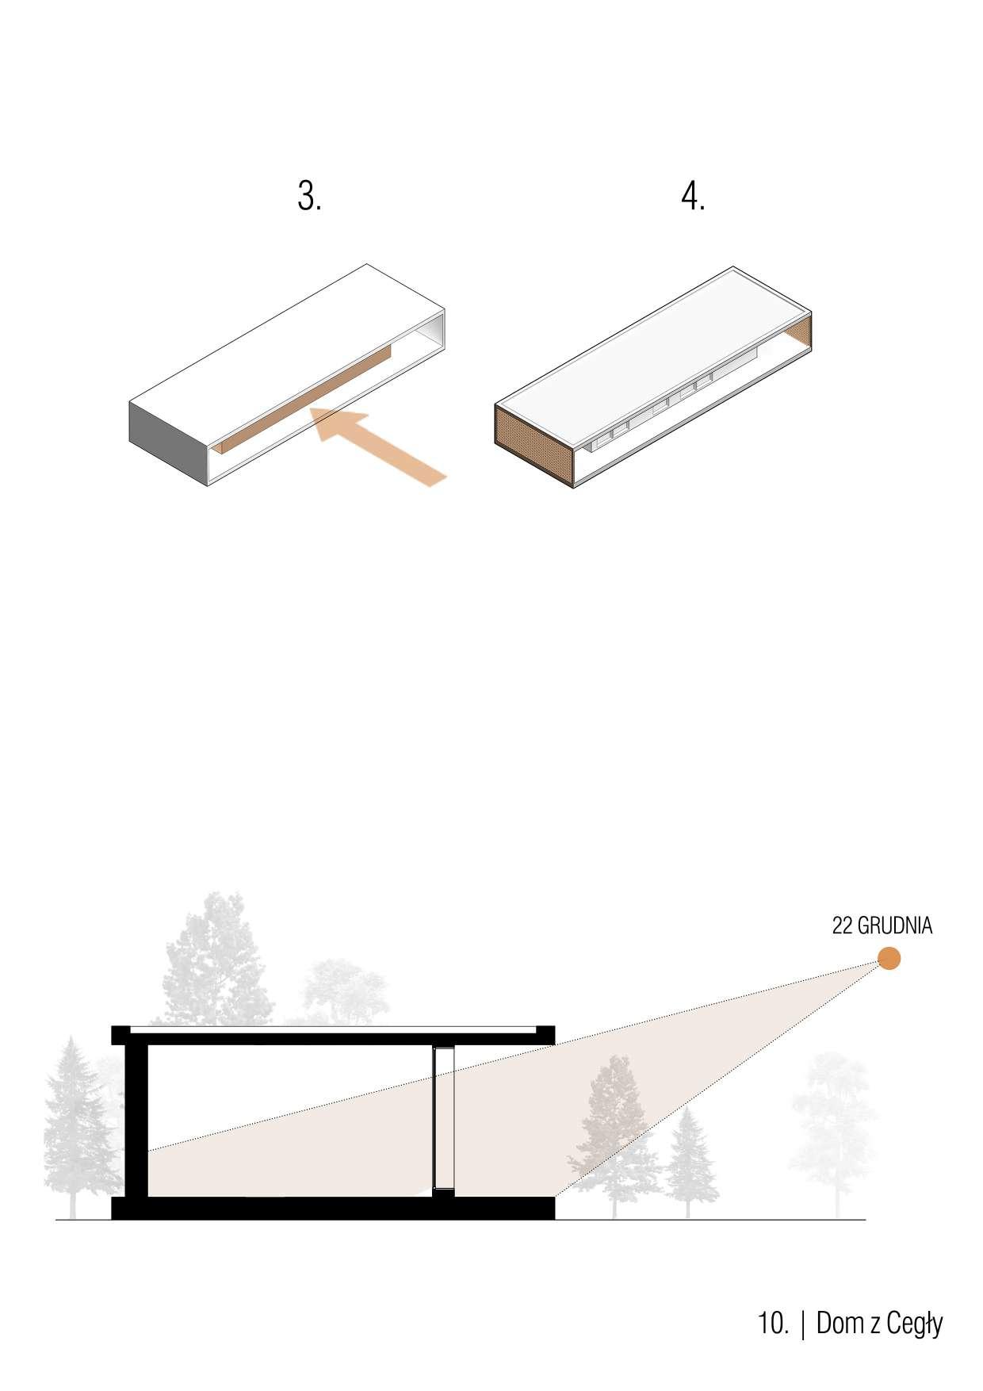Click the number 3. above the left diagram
pos(309,197)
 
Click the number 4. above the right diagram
pos(693,197)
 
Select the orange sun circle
pos(889,958)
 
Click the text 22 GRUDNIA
pos(882,925)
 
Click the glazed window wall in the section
pos(444,1118)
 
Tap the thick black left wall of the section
pos(137,1118)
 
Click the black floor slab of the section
pos(333,1208)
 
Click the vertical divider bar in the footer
pos(805,1323)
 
